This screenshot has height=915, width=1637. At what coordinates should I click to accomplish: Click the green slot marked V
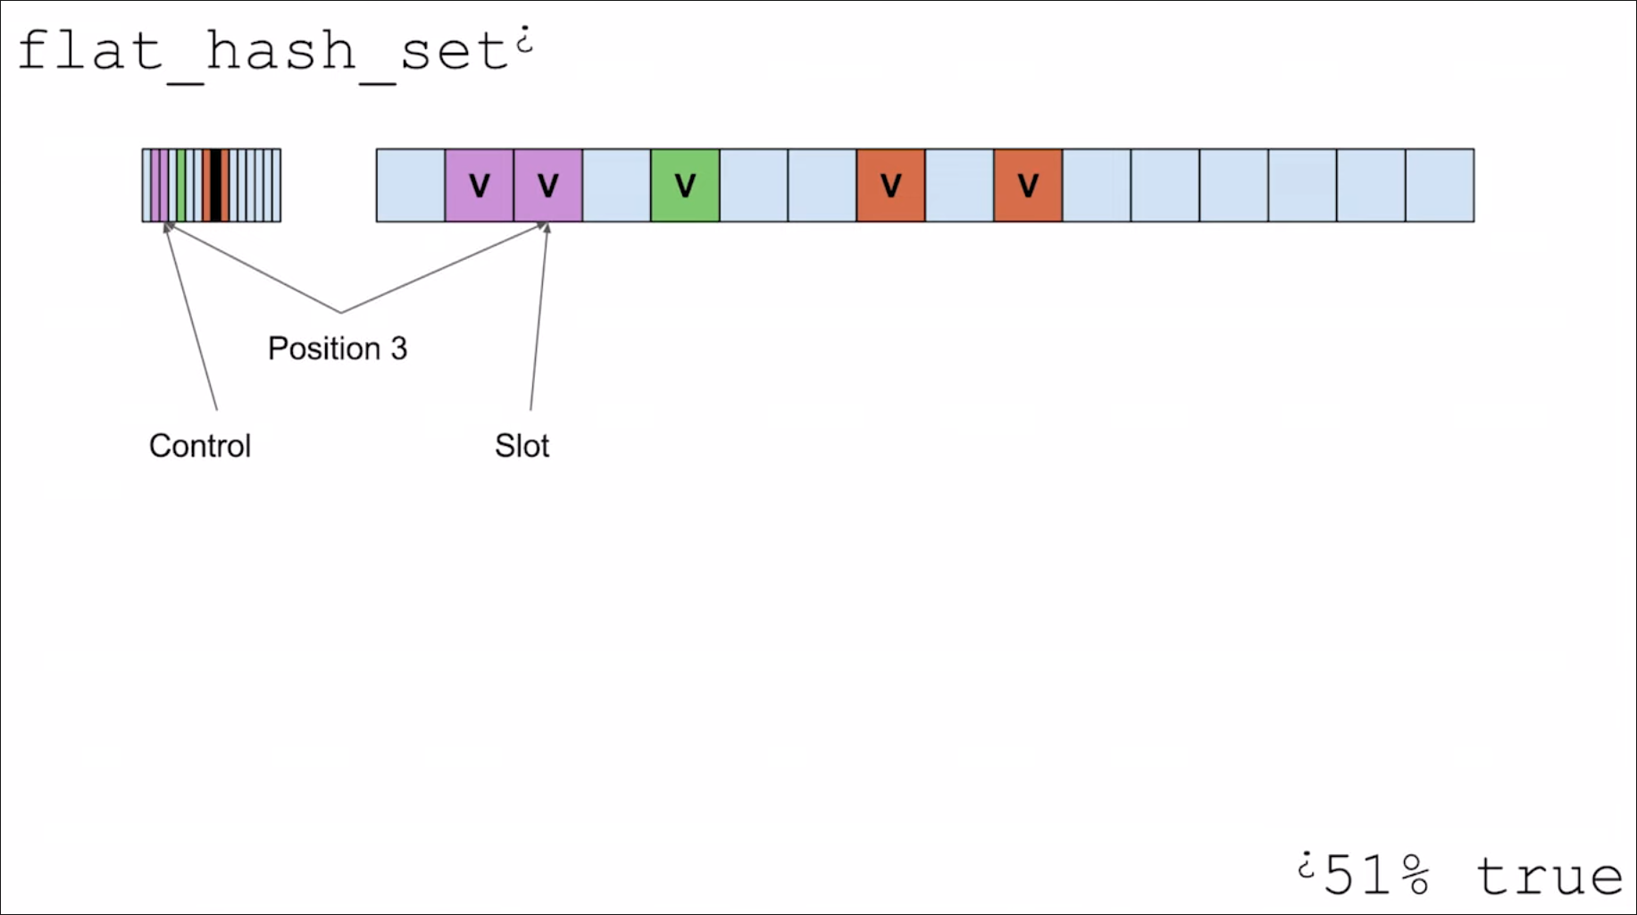[685, 185]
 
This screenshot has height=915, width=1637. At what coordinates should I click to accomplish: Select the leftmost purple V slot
[479, 185]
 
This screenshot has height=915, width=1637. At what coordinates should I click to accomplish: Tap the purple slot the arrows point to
[547, 185]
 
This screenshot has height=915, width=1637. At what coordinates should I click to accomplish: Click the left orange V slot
[890, 185]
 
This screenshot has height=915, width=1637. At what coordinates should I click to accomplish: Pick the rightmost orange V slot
[1028, 185]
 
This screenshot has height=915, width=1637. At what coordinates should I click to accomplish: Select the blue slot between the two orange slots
[959, 185]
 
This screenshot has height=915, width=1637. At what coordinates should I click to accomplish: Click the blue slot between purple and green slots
[616, 185]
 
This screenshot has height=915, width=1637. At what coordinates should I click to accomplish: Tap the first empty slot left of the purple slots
[411, 185]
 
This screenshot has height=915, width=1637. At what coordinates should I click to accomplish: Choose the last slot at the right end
[1440, 185]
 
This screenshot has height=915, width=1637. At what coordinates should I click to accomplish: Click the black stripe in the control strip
[215, 185]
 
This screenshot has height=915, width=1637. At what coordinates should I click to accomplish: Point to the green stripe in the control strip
[181, 185]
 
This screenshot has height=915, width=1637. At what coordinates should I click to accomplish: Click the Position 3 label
[338, 348]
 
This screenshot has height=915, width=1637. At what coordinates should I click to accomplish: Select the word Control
[200, 446]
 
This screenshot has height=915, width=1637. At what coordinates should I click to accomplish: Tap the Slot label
[522, 446]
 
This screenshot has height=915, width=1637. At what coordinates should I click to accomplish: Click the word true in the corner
[1549, 876]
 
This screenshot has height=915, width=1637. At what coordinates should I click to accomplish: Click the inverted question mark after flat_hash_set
[525, 40]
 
